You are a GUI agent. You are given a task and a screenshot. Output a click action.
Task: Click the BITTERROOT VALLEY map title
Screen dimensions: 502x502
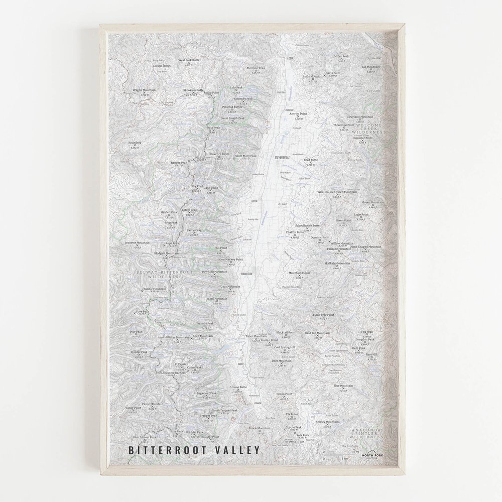pos(194,450)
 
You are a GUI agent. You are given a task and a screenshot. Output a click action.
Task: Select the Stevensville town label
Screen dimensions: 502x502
pos(283,157)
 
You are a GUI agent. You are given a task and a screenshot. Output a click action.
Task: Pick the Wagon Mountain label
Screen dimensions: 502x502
pos(144,90)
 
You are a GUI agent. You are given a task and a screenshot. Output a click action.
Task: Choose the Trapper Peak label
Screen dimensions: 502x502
pos(208,416)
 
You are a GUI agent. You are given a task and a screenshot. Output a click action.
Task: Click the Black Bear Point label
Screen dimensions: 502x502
pos(323,315)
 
